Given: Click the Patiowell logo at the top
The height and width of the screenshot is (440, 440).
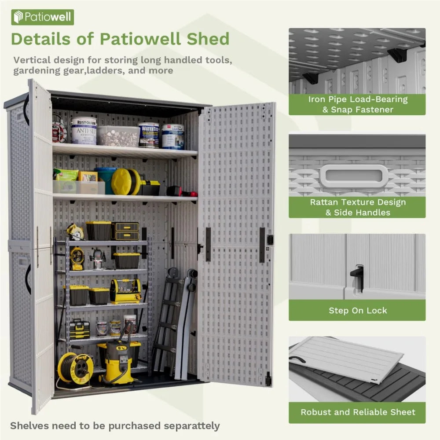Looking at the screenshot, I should click(43, 17).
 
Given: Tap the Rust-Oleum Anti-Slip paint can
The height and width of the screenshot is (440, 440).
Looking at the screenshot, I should click(84, 131).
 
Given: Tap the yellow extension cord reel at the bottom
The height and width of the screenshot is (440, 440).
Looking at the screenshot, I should click(75, 368).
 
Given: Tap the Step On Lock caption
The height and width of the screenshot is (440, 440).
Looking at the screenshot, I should click(357, 311).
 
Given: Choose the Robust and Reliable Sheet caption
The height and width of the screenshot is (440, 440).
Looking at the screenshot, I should click(357, 412).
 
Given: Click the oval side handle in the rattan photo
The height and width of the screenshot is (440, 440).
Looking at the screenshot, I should click(354, 176).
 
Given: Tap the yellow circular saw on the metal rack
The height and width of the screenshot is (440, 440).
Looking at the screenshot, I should click(75, 232).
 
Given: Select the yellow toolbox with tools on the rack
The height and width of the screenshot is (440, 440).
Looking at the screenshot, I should click(125, 291).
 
